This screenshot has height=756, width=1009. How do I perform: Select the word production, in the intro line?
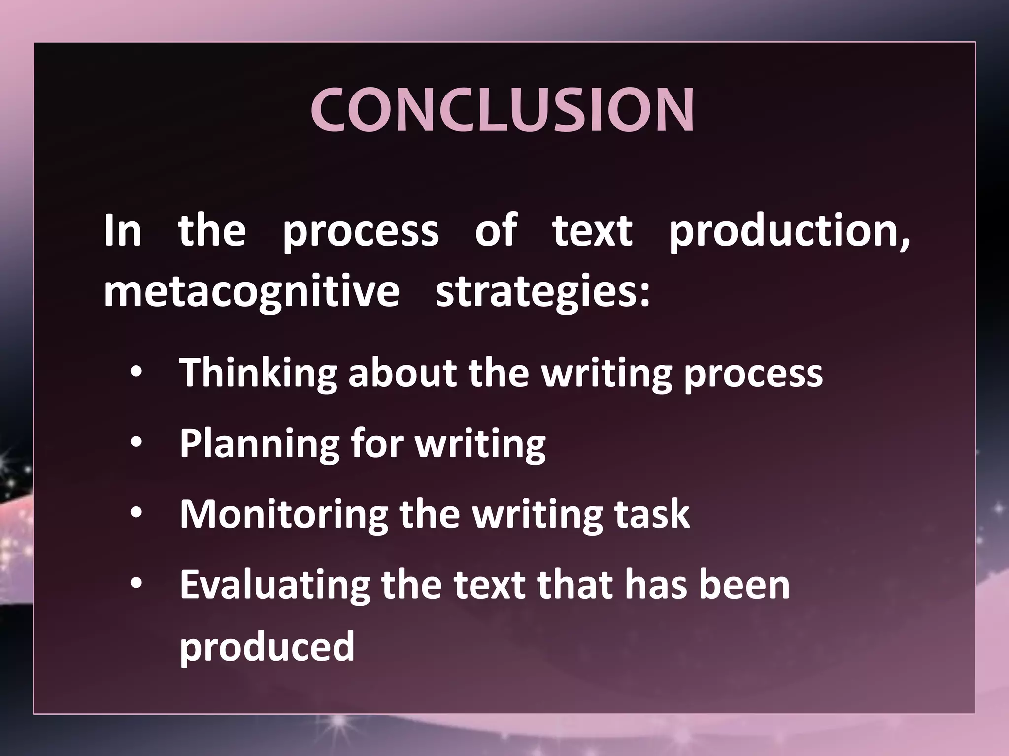point(789,231)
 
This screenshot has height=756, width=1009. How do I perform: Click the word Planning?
point(259,444)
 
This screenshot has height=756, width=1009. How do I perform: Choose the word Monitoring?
point(284,515)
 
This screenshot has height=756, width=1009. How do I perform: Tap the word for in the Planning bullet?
point(377,444)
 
